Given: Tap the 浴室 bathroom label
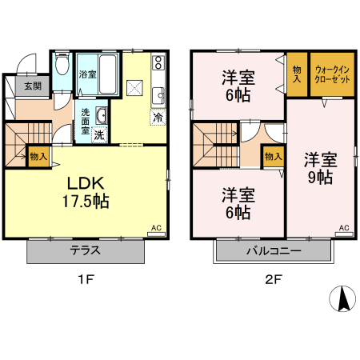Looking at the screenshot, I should (87, 74).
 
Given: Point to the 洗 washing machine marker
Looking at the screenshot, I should (98, 134).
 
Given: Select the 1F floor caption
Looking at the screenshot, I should (86, 280).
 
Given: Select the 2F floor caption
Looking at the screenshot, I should (273, 280).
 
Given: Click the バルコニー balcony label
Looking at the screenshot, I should (273, 251).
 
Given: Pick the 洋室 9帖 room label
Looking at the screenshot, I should (318, 168).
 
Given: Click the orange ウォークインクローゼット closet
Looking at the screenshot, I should (332, 74).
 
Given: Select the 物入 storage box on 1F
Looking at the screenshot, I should (38, 156).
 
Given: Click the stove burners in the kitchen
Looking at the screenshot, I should (158, 62).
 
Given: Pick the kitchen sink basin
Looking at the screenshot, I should (158, 94).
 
